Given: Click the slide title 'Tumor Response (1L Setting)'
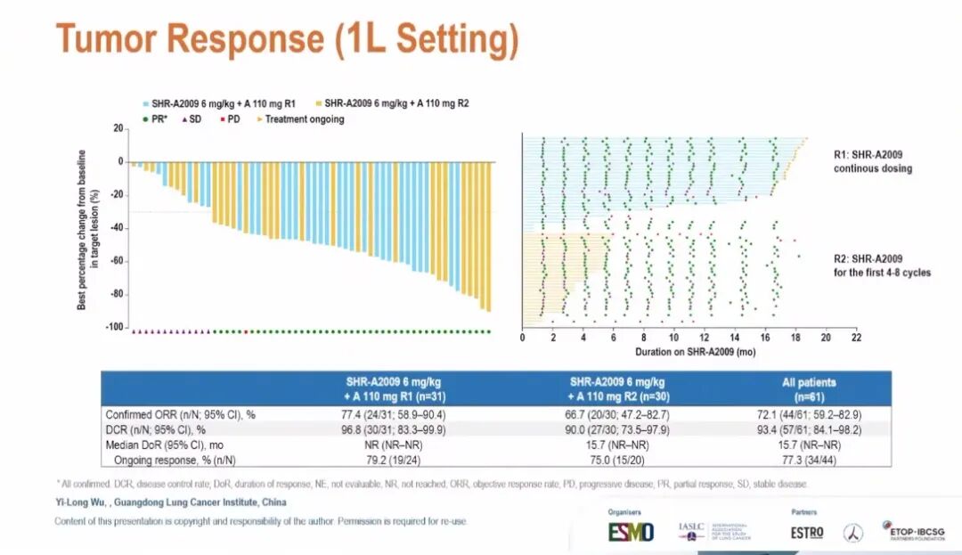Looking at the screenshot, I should [287, 40].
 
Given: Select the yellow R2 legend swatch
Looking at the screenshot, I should [318, 103].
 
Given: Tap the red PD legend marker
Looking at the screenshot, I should [222, 118].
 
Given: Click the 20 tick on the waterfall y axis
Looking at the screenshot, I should [118, 129].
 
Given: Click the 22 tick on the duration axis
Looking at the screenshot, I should [855, 339].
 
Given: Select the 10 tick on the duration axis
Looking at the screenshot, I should [673, 339].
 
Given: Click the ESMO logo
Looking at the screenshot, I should [631, 532].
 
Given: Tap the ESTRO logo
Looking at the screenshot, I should [807, 533].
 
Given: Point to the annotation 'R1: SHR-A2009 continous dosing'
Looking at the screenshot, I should [872, 161].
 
